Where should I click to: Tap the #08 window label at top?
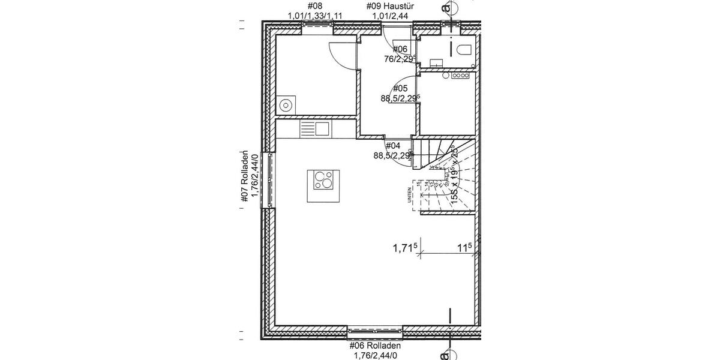tap(315, 7)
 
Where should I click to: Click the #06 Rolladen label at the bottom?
tap(374, 346)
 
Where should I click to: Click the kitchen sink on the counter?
tap(314, 128)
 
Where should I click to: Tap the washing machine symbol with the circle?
tap(286, 106)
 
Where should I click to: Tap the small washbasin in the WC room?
tap(435, 61)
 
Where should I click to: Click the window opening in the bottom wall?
tap(374, 329)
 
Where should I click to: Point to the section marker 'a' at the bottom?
tap(445, 355)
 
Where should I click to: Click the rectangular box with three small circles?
tap(461, 76)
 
